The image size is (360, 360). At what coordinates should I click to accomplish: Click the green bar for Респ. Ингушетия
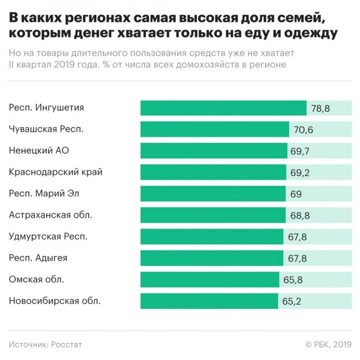coord(223,108)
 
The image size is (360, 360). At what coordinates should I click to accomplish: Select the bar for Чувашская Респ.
coord(214,129)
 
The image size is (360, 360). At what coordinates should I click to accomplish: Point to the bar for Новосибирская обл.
coord(208,301)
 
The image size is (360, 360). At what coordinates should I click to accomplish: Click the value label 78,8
coord(318,108)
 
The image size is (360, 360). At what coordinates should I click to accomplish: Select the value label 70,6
coord(303,129)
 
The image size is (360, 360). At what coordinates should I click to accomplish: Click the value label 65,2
coord(291,301)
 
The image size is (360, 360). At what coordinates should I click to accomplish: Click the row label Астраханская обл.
coord(51,215)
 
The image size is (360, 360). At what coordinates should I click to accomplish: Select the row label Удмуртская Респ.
coord(48,236)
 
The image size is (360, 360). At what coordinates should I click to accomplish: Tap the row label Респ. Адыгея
coord(39,258)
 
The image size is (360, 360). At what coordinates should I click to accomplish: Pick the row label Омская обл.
coord(37,280)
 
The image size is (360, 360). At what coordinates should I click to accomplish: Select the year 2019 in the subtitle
coord(67,65)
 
